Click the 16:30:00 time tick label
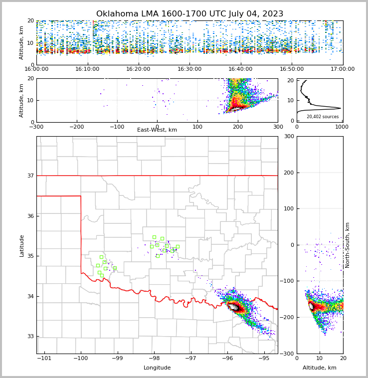pos(189,69)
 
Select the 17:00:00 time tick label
pos(343,69)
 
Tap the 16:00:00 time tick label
pos(36,69)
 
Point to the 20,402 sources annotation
pos(322,117)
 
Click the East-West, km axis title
pos(157,130)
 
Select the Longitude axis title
pos(157,368)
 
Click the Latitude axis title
pos(22,245)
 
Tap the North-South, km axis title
pos(348,245)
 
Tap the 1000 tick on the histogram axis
pos(342,127)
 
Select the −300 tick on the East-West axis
pos(36,127)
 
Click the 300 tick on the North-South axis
pos(289,136)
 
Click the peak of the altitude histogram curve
pos(340,108)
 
